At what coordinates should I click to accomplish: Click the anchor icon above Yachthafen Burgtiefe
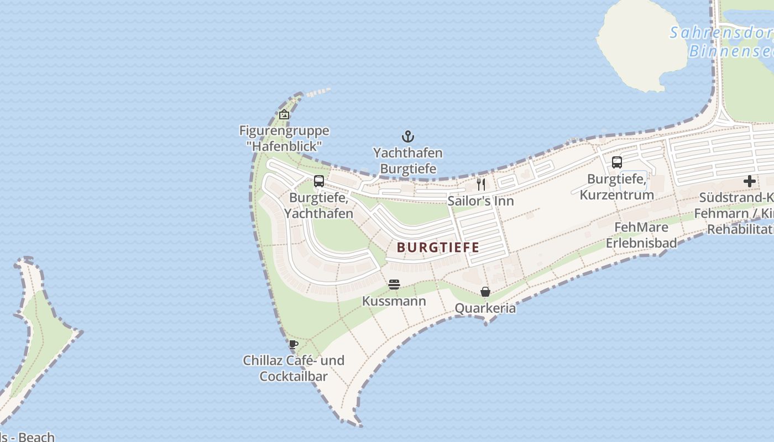(407, 136)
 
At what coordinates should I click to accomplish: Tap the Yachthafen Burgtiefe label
(407, 161)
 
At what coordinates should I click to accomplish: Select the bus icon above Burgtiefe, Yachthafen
(319, 181)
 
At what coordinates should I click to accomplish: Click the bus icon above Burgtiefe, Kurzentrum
(616, 162)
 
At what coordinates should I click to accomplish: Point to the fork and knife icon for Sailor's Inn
(481, 185)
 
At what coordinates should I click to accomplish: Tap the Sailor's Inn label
(480, 201)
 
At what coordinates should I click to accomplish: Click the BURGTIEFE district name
(438, 247)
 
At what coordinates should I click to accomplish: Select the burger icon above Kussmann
(394, 285)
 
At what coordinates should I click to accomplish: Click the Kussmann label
(394, 301)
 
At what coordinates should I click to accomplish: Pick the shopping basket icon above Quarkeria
(485, 292)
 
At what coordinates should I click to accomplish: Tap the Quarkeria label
(485, 308)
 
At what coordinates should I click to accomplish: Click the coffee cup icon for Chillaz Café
(294, 344)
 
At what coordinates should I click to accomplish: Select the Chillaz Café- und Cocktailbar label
(294, 369)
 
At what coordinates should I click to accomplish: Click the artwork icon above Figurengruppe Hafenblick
(284, 114)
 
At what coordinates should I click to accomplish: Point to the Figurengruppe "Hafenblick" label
(284, 138)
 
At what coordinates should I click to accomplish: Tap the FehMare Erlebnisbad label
(641, 235)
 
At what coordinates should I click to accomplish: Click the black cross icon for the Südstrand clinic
(750, 181)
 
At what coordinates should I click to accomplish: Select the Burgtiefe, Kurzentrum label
(616, 187)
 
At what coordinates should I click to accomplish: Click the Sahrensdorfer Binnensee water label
(724, 42)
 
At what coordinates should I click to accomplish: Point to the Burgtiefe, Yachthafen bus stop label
(319, 206)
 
